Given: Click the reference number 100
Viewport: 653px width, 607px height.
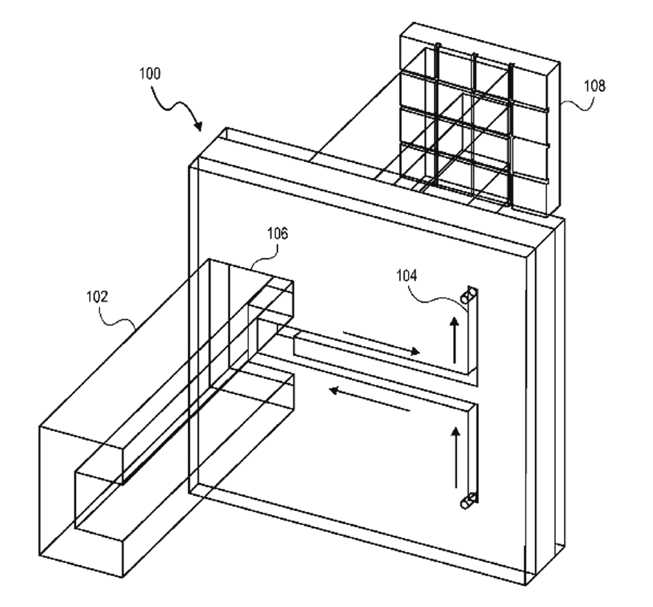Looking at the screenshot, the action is coord(150,74).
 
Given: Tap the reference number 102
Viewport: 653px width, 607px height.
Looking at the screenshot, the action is coord(97,297).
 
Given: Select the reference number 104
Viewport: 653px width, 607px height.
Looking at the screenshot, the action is coord(407,275).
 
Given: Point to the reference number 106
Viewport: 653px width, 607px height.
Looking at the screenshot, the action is coord(277,233).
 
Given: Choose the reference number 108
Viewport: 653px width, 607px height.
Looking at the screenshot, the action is coord(594,86).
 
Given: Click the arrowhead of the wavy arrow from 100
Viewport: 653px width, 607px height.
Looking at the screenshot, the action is coord(199,125).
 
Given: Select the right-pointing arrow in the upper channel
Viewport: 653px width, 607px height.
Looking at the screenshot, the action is coord(381,343).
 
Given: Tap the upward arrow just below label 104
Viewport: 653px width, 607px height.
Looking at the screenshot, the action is coord(455,340).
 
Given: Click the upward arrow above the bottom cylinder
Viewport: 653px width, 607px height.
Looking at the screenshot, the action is coord(456,457).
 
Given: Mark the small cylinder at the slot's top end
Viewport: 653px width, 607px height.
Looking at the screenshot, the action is coord(468,296).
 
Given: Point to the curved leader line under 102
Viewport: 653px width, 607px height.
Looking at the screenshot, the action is coord(117,317).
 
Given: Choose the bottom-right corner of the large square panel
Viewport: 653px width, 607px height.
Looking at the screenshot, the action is coord(525,585).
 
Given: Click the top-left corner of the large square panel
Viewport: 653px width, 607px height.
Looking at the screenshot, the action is coord(190,167).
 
